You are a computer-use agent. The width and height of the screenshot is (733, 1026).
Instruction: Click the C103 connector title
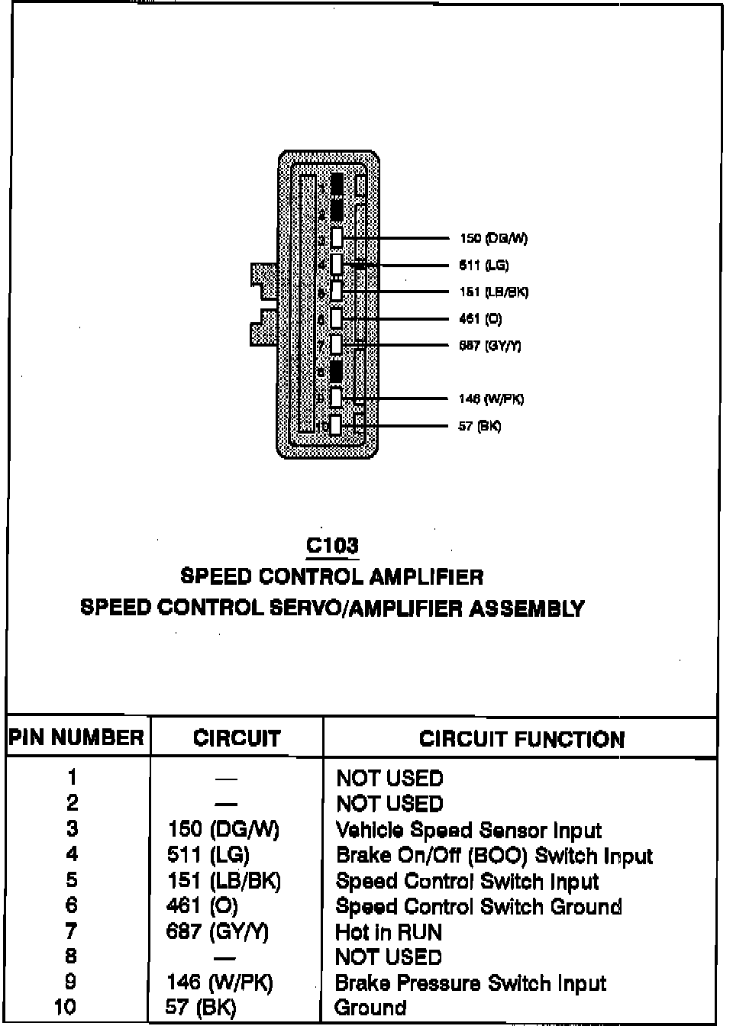click(x=332, y=545)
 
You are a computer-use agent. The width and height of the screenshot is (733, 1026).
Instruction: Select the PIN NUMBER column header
click(x=76, y=737)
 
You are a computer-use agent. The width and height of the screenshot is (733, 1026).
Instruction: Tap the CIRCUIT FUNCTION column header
click(x=521, y=739)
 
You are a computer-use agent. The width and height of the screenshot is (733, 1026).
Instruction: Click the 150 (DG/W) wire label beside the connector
click(x=493, y=238)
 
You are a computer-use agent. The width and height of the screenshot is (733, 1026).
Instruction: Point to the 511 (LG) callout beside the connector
click(x=484, y=266)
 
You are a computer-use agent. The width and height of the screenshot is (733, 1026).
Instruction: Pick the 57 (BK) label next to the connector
click(x=480, y=426)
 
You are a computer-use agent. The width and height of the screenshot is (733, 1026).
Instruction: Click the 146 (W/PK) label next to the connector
click(x=491, y=398)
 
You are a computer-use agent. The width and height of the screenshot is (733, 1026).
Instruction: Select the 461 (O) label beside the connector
click(x=480, y=319)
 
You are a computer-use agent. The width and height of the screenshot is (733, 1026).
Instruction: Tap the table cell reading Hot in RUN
click(x=389, y=932)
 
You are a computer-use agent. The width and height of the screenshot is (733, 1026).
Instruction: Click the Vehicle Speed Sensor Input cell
click(x=468, y=830)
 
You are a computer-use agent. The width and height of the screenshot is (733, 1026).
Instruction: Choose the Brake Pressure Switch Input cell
click(x=470, y=982)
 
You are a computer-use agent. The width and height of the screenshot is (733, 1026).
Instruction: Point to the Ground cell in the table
click(x=370, y=1008)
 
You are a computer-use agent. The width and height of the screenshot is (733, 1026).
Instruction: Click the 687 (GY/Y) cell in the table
click(x=218, y=931)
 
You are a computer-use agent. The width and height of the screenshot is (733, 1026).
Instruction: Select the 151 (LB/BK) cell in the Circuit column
click(x=224, y=880)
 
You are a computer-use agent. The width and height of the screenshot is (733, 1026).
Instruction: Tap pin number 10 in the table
click(x=66, y=1007)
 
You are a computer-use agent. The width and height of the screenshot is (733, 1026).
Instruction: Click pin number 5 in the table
click(x=71, y=879)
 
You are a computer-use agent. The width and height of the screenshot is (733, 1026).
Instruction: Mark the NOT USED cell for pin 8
click(x=389, y=957)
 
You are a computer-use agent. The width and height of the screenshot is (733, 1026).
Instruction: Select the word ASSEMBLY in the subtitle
click(x=527, y=608)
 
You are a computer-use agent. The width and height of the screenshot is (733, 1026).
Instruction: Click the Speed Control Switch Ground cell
click(x=479, y=907)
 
